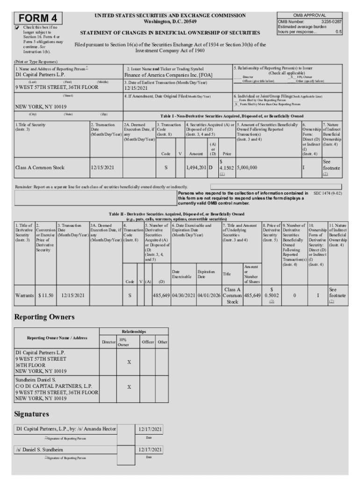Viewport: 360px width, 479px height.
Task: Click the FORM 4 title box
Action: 38,19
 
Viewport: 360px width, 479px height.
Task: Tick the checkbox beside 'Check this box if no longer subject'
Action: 17,28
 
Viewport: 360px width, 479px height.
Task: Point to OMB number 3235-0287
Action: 331,22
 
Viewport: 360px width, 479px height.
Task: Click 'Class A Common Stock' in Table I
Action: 40,167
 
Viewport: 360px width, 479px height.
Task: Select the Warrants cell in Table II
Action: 24,296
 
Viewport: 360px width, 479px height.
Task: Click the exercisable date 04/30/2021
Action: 184,296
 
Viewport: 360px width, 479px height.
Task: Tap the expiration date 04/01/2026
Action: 209,296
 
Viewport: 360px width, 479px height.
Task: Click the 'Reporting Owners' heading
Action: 45,317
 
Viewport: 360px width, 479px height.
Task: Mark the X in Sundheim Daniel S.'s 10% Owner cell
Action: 129,387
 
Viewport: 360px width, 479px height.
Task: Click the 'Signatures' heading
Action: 32,414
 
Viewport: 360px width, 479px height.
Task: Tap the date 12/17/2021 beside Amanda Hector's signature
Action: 151,429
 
